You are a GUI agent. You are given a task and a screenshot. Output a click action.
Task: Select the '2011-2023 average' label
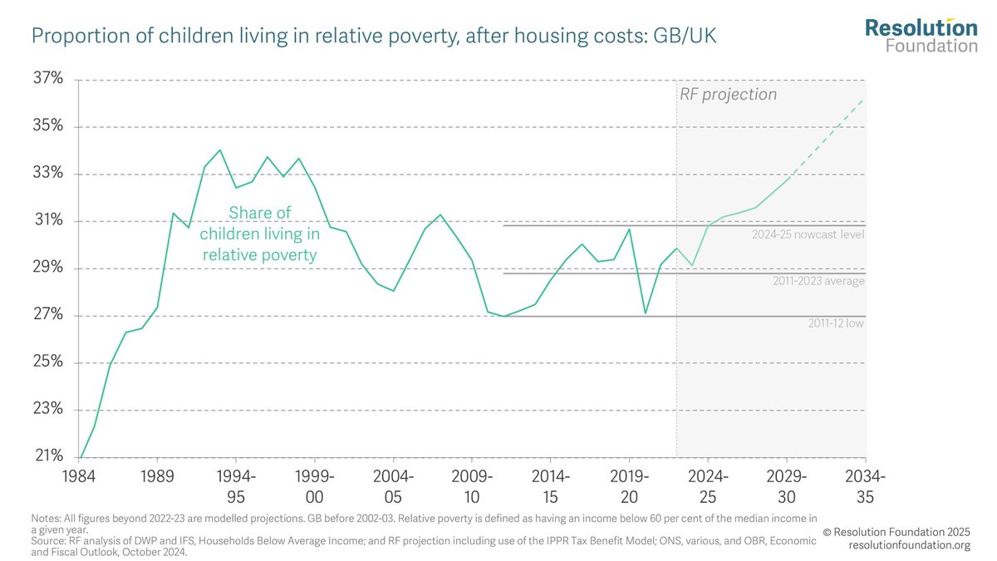[x=819, y=282]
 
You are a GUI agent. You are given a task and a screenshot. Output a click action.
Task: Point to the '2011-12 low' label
[x=836, y=323]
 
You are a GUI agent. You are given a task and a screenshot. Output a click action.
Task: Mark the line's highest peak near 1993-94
[x=220, y=150]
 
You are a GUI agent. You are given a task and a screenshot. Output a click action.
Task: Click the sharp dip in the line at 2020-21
[x=646, y=313]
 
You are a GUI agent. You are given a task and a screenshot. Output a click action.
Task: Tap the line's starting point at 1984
[x=81, y=457]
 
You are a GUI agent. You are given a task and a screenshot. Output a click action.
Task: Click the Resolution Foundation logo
[x=921, y=35]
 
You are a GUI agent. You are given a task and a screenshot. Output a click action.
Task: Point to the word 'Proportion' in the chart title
[x=71, y=37]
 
